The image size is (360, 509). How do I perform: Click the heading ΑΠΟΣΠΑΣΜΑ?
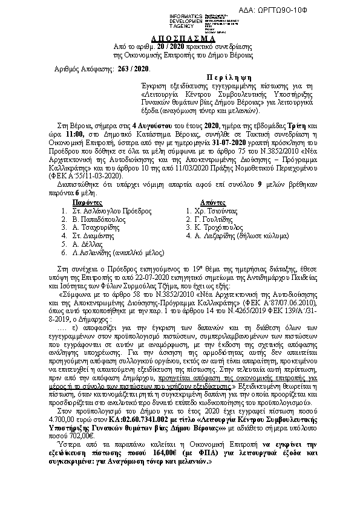pos(180,37)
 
